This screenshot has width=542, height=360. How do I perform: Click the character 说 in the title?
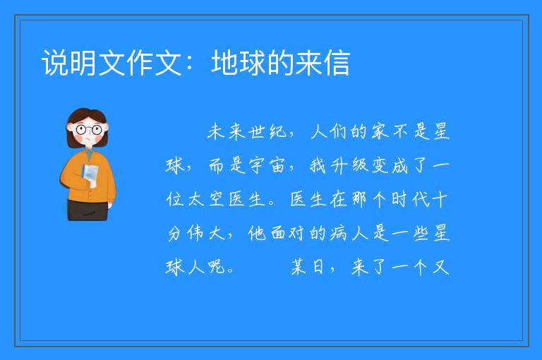click(x=55, y=63)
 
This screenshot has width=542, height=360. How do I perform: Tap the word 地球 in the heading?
click(x=239, y=63)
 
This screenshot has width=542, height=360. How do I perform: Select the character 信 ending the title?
click(x=337, y=63)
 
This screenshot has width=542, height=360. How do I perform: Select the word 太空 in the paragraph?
click(x=206, y=199)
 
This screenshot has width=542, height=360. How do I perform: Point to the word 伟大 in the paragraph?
click(x=206, y=233)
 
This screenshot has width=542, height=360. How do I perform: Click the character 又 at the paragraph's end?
click(x=440, y=267)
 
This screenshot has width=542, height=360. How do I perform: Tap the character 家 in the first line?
click(x=380, y=132)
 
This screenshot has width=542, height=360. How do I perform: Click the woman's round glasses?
click(x=88, y=130)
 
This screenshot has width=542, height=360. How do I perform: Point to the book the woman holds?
click(x=90, y=175)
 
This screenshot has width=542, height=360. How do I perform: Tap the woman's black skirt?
click(x=88, y=210)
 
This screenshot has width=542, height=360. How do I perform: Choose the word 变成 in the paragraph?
click(x=390, y=165)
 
